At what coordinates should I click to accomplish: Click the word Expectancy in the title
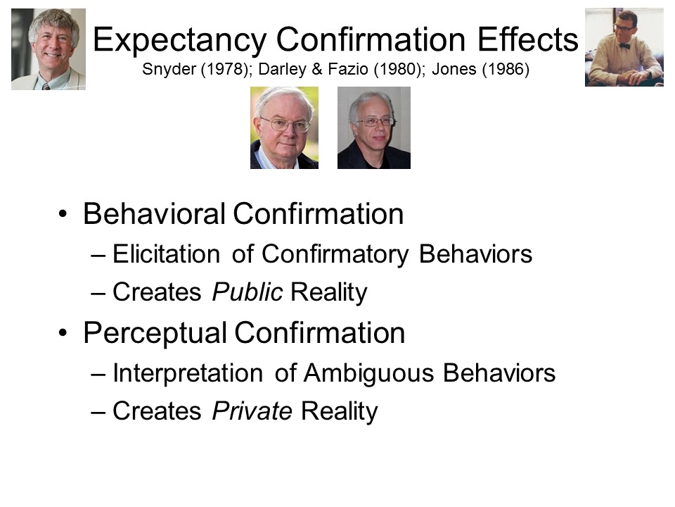179,40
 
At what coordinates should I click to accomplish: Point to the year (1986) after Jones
506,69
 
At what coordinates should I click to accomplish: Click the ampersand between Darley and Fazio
317,69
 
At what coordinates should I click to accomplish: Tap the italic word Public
247,292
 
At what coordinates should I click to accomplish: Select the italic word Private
252,411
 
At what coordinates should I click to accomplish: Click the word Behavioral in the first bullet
154,213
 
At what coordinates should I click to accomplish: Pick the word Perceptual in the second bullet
155,334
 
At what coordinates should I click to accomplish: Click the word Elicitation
166,254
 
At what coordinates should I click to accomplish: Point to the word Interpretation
188,373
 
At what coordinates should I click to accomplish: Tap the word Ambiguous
368,373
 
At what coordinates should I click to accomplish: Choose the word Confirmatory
335,254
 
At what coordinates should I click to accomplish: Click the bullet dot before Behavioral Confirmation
63,214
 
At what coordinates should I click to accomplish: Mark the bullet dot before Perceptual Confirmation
63,333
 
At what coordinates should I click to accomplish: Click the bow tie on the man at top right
624,46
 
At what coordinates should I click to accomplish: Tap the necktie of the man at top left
46,86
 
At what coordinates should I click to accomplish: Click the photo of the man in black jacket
373,127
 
